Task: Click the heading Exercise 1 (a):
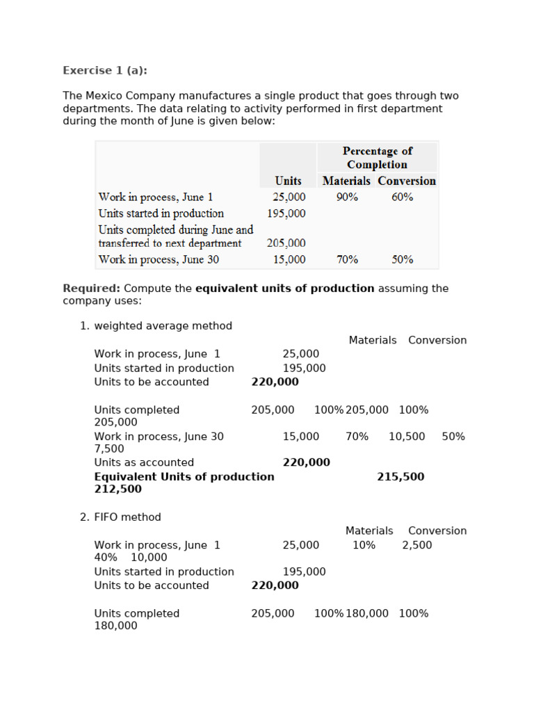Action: pyautogui.click(x=105, y=70)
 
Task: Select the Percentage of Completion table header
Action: pyautogui.click(x=377, y=158)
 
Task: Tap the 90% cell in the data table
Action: pyautogui.click(x=347, y=197)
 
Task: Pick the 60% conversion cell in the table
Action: pyautogui.click(x=402, y=197)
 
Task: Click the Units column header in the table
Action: pyautogui.click(x=288, y=181)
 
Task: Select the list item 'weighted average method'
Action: pyautogui.click(x=163, y=326)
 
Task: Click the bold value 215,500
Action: pyautogui.click(x=400, y=477)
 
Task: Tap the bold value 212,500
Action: pyautogui.click(x=118, y=489)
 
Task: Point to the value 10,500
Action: pyautogui.click(x=407, y=437)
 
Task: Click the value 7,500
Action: pyautogui.click(x=108, y=449)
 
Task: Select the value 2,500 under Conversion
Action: pyautogui.click(x=416, y=545)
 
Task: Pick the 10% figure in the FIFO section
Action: pyautogui.click(x=364, y=545)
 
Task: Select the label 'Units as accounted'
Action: pyautogui.click(x=144, y=463)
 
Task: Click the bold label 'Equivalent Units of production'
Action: pyautogui.click(x=184, y=477)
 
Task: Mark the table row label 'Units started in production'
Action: pyautogui.click(x=161, y=213)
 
